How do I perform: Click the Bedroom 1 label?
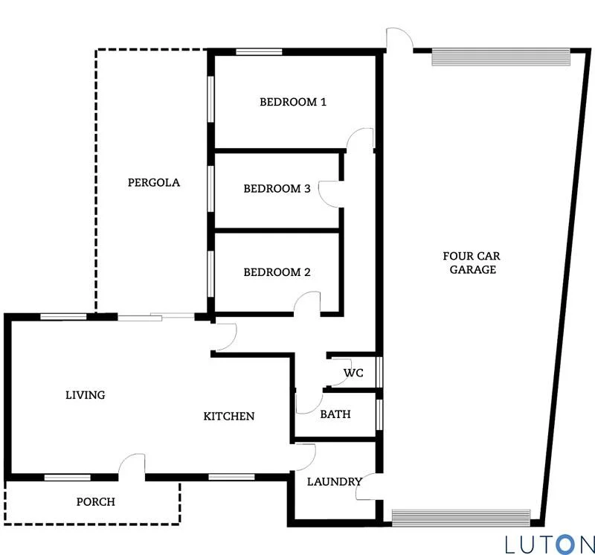coord(292,102)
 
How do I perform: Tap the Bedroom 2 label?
coord(277,272)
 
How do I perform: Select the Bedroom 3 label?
coord(277,189)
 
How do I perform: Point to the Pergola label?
coord(154,182)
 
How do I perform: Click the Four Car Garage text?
coord(472,263)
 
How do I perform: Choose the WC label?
coord(353,373)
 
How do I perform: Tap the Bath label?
coord(335,414)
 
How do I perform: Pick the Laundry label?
coord(334,482)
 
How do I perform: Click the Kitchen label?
coord(229,416)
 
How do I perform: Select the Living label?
coord(86,395)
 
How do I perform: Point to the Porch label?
coord(96,502)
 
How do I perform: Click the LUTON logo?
coord(549,544)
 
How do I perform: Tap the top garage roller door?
coord(501,57)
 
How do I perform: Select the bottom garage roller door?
coord(461,517)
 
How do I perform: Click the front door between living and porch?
coord(133,466)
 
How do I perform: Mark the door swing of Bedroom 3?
coord(329,193)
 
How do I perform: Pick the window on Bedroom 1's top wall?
coord(259,52)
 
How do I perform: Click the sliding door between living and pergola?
coord(156,318)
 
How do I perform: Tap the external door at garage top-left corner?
coord(398,39)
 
